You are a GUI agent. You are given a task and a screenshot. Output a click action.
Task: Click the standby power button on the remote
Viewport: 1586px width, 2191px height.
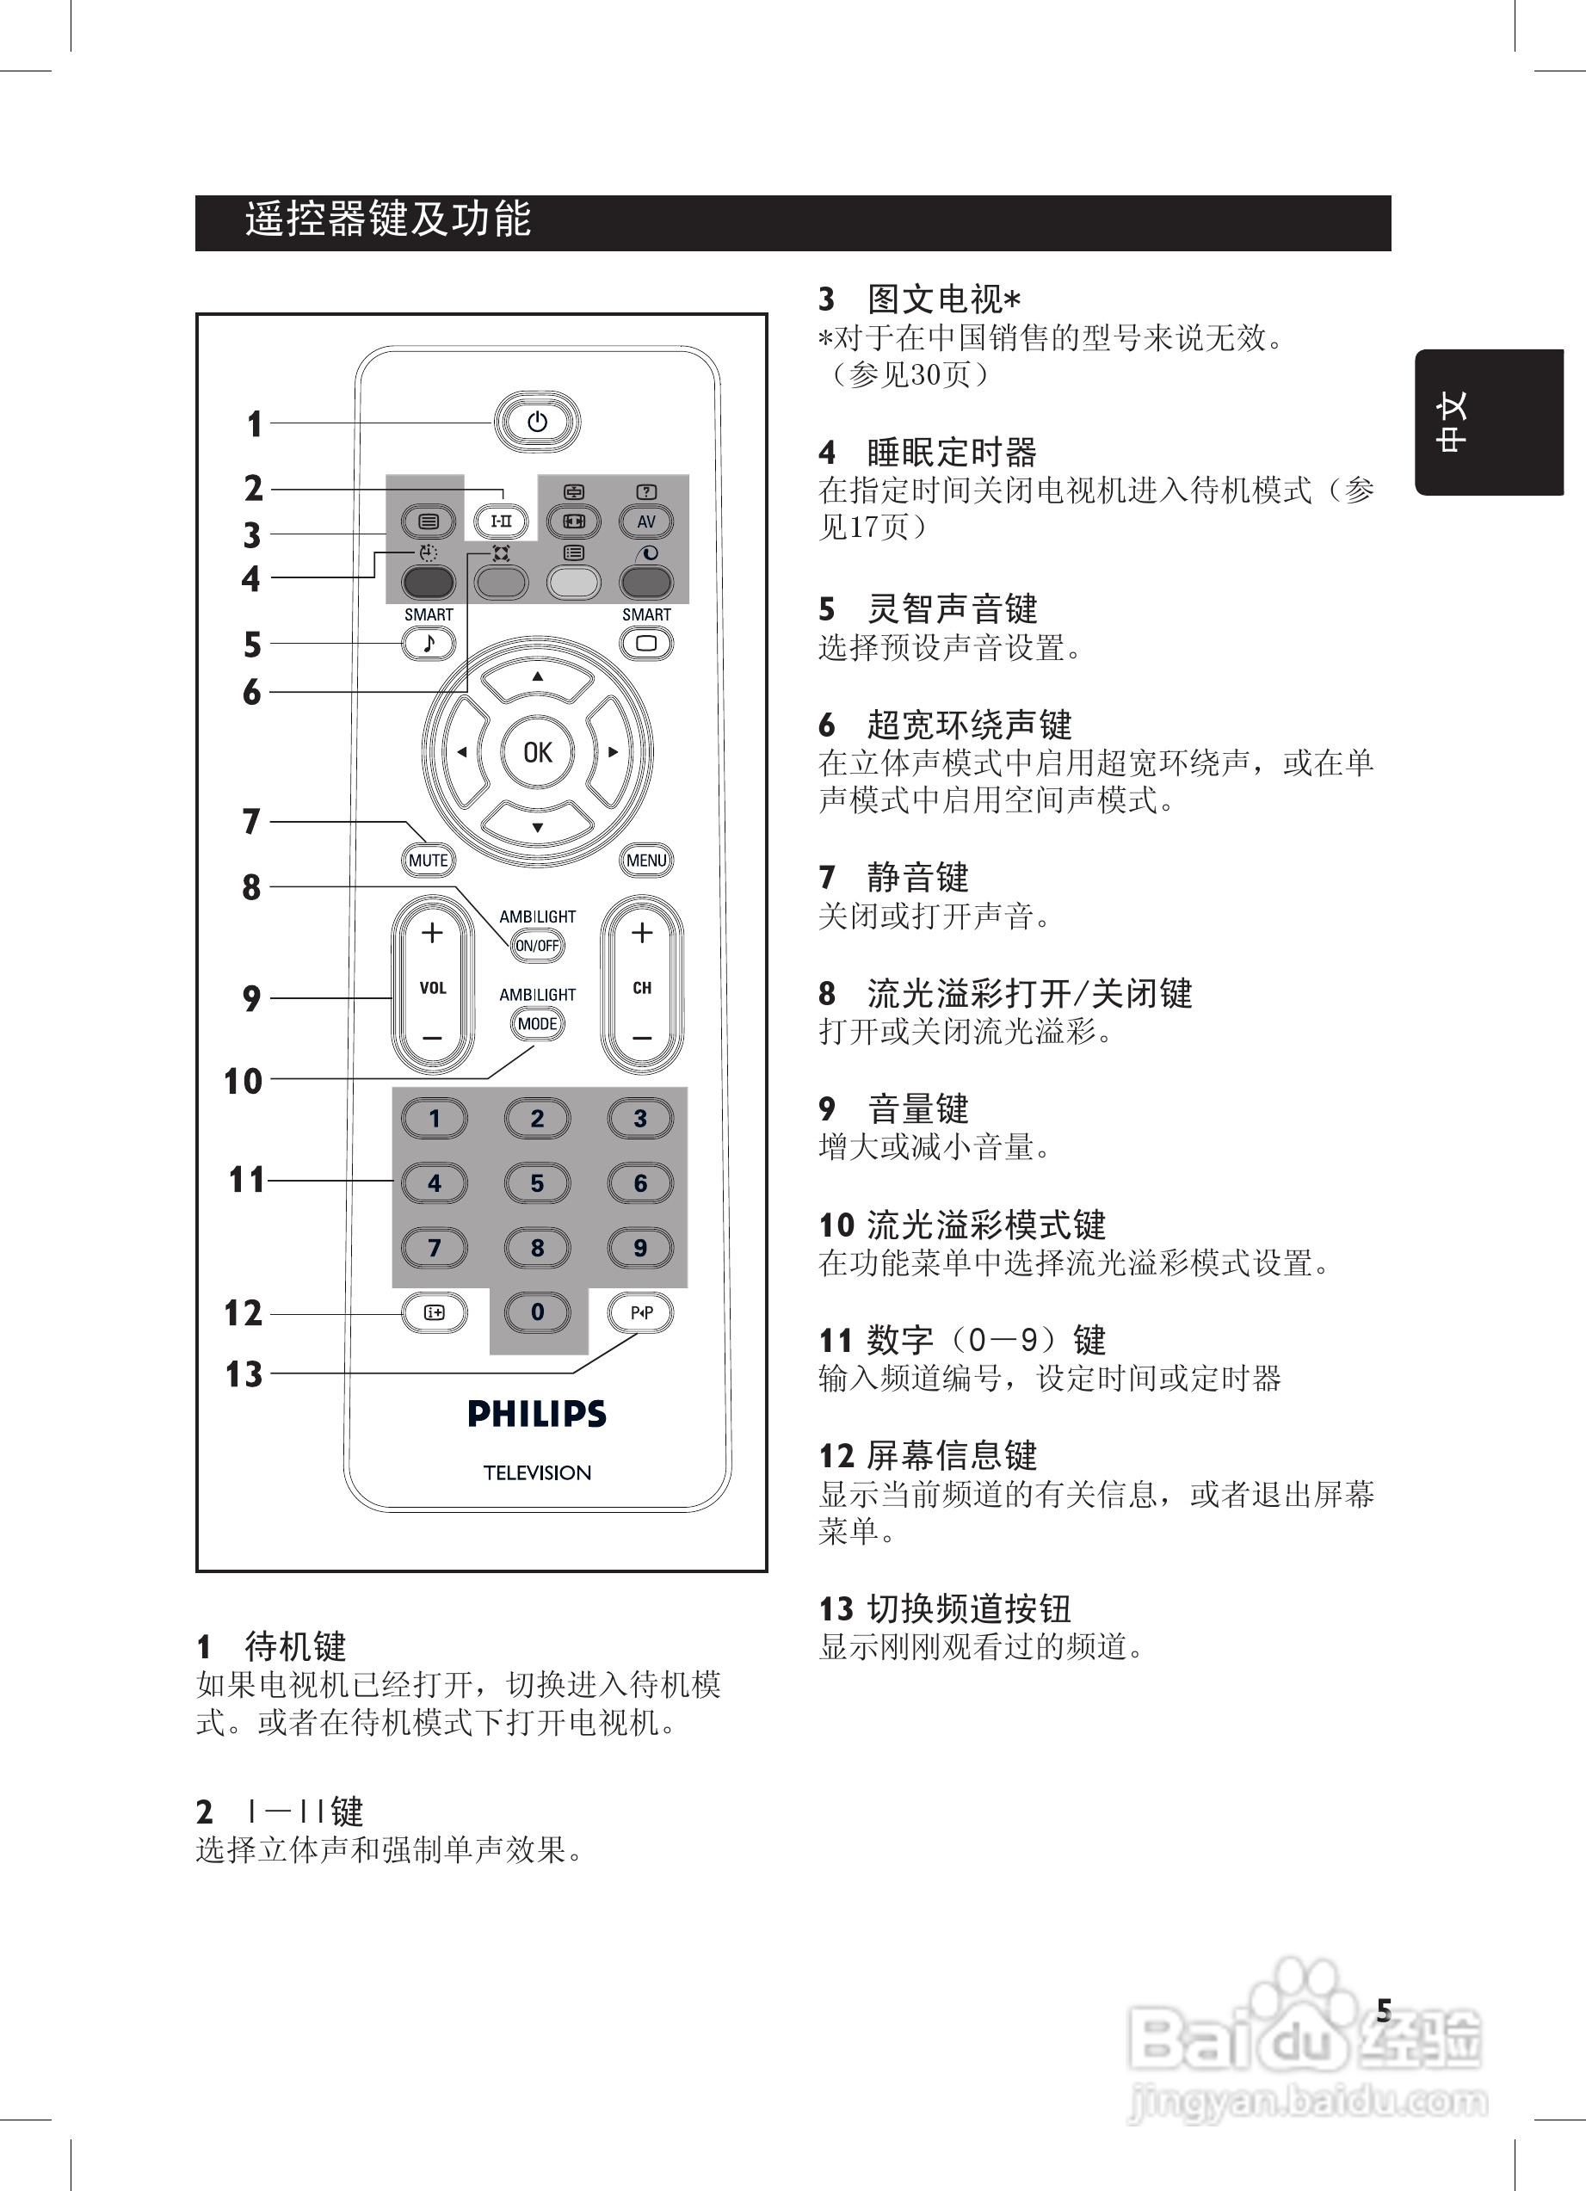537,423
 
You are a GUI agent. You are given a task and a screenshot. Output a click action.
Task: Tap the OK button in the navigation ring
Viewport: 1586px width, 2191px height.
537,751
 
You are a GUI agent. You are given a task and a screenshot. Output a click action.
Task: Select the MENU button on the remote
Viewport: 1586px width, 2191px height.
646,860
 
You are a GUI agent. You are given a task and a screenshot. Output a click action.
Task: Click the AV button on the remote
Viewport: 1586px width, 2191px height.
646,522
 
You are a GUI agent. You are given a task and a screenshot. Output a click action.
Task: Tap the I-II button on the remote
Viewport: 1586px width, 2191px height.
502,522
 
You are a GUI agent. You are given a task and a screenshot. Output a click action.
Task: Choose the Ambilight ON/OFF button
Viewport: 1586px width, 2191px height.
537,946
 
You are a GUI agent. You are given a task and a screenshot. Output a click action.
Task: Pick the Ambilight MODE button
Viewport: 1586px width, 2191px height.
537,1024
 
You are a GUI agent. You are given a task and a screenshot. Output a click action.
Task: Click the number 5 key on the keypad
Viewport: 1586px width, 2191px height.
537,1182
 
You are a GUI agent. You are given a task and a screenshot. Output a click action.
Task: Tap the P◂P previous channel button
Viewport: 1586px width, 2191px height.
641,1312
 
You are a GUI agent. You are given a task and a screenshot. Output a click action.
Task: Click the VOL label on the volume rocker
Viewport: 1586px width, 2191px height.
433,987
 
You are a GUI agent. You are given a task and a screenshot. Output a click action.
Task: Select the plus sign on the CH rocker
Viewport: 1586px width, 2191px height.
641,932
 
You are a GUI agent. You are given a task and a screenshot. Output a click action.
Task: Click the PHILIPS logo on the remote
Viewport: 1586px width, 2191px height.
537,1414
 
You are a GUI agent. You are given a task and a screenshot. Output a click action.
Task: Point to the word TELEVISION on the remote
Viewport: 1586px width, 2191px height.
537,1472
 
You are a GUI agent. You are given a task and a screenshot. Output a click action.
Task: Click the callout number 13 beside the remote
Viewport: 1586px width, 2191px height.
244,1373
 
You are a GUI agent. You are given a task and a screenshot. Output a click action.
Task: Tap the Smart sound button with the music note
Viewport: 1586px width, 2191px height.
429,644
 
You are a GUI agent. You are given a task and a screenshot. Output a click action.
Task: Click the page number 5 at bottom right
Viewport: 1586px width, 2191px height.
1383,2011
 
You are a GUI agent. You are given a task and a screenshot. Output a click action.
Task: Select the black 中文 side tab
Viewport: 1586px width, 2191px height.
1489,423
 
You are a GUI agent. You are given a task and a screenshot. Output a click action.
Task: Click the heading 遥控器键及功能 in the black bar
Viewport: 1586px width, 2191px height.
387,220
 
